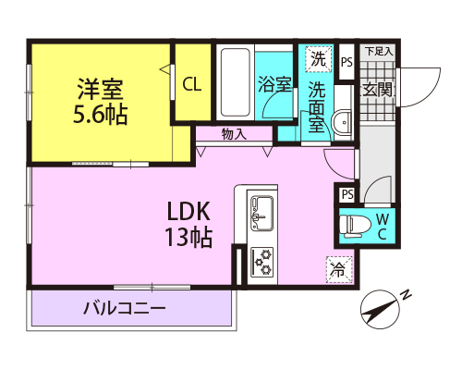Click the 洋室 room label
(101, 90)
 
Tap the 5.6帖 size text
(101, 114)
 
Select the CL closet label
(192, 84)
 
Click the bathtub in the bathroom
(235, 82)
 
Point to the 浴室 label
(274, 84)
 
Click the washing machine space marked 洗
(319, 58)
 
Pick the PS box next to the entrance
(346, 62)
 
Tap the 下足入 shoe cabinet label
(379, 51)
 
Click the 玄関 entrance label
(378, 90)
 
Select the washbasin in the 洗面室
(342, 122)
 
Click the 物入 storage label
(234, 134)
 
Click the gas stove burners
(262, 262)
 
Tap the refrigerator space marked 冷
(339, 269)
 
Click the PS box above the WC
(347, 194)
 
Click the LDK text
(188, 211)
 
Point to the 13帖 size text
(188, 237)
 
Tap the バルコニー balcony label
(125, 308)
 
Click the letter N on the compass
(407, 295)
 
